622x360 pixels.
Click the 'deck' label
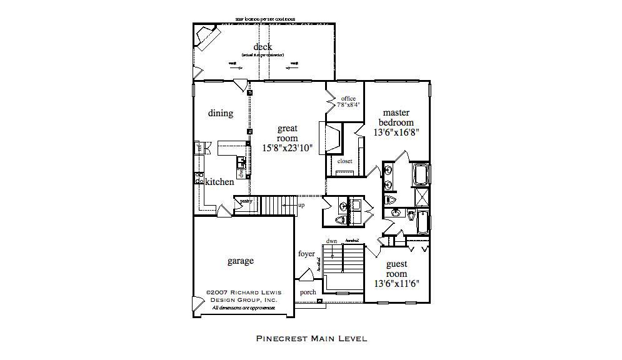[x=263, y=47]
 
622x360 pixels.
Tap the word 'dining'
[x=221, y=113]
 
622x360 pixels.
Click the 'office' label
[x=348, y=99]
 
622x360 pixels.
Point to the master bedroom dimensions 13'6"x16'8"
[x=396, y=132]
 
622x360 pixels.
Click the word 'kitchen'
[x=219, y=182]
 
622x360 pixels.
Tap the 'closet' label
[x=345, y=161]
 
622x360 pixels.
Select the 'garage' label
[x=241, y=261]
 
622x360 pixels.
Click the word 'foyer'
[x=306, y=254]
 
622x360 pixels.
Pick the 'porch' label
[x=308, y=292]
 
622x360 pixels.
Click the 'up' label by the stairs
[x=301, y=205]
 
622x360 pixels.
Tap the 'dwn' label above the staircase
[x=331, y=241]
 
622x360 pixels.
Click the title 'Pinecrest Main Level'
[x=311, y=339]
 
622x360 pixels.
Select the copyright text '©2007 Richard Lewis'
[x=241, y=292]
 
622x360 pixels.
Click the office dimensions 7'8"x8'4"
[x=348, y=105]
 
